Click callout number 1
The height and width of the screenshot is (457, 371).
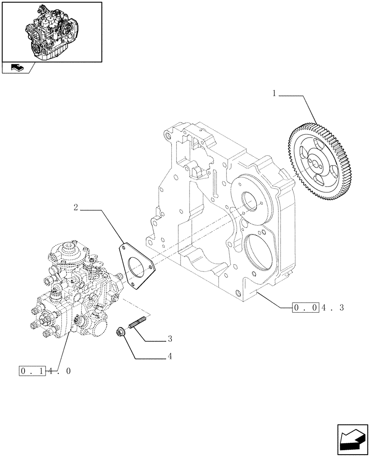[274, 93]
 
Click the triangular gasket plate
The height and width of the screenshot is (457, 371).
[136, 266]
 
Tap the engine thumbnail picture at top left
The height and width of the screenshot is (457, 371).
[52, 32]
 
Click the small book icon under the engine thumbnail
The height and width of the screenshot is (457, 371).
[16, 68]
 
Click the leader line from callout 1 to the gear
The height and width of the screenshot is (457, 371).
[306, 105]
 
